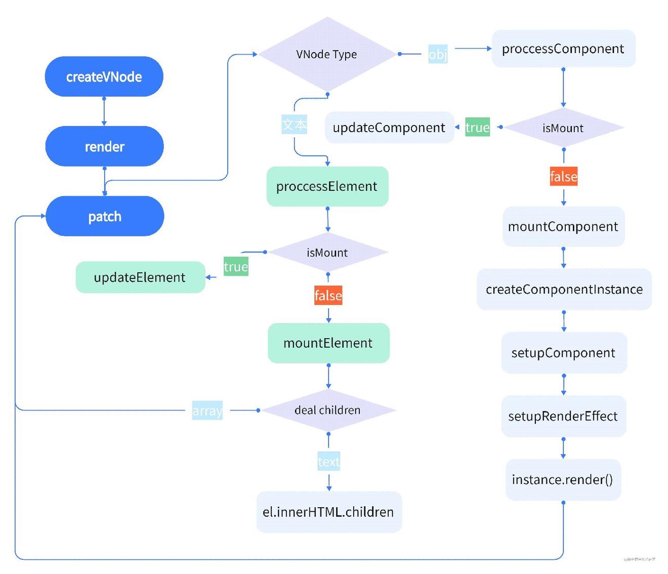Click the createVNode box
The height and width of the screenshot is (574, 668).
pyautogui.click(x=104, y=76)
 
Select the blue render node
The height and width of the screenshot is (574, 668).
pyautogui.click(x=105, y=146)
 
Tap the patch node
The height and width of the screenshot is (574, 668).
pyautogui.click(x=105, y=216)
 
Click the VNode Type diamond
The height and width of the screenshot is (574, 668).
pyautogui.click(x=327, y=54)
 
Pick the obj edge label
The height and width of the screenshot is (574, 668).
pyautogui.click(x=438, y=54)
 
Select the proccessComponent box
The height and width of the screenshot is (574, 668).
pyautogui.click(x=563, y=49)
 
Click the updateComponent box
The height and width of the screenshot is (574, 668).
pyautogui.click(x=389, y=128)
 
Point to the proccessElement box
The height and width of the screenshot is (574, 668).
pyautogui.click(x=327, y=186)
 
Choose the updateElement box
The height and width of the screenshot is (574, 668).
pyautogui.click(x=140, y=277)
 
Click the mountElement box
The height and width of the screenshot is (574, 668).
pyautogui.click(x=328, y=343)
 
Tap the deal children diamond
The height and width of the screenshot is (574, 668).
pyautogui.click(x=328, y=410)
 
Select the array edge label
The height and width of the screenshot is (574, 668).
pyautogui.click(x=207, y=411)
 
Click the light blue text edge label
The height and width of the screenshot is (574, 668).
pyautogui.click(x=329, y=462)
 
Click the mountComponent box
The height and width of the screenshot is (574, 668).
pyautogui.click(x=563, y=226)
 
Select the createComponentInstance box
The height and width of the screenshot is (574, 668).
pyautogui.click(x=564, y=290)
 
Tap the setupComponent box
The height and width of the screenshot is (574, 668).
pyautogui.click(x=564, y=353)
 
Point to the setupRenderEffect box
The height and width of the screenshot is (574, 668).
pyautogui.click(x=563, y=416)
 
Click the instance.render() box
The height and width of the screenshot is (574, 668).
pyautogui.click(x=563, y=479)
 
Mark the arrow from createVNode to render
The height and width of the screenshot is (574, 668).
pyautogui.click(x=104, y=111)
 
